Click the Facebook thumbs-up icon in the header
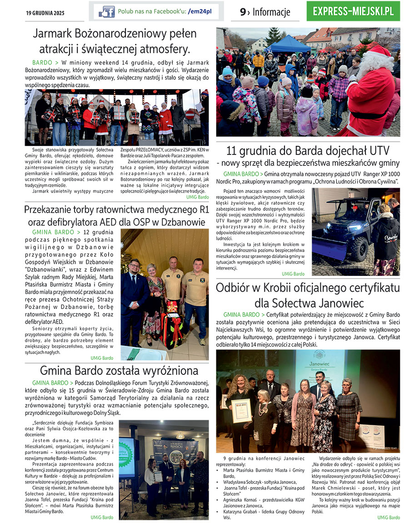point(107,11)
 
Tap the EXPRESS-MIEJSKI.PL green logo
point(353,11)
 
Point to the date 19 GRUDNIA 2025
point(45,13)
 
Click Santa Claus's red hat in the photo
point(379,51)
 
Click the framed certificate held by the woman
point(241,410)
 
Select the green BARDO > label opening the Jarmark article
point(45,62)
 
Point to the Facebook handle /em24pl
point(200,11)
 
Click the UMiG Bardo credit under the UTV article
point(293,274)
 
